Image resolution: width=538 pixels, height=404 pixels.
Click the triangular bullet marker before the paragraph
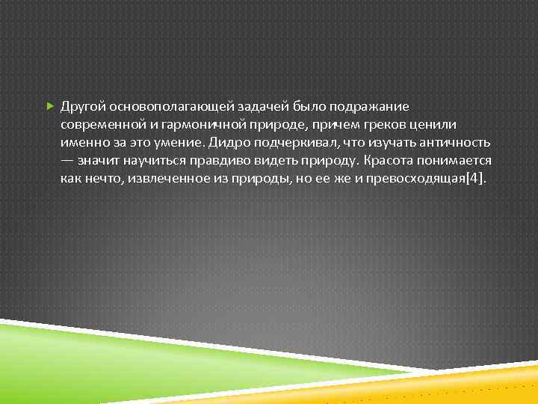pos(50,106)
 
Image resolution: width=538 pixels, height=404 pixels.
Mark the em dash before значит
pos(68,161)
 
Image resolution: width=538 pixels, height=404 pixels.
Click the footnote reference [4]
pos(474,179)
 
